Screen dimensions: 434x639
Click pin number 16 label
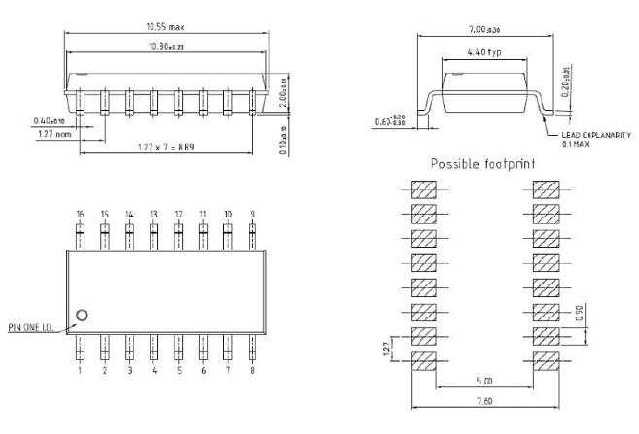tap(81, 213)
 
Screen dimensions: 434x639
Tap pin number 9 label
tap(253, 213)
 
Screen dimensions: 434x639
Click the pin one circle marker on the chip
tap(83, 315)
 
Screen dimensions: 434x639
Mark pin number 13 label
tap(153, 213)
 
